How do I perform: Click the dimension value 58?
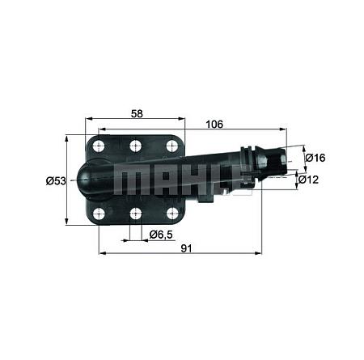pos(137,114)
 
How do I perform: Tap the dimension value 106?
pos(214,125)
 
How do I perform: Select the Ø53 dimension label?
pos(56,180)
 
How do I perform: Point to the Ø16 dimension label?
pos(315,158)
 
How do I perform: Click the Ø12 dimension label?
pos(308,180)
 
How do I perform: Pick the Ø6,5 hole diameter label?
pos(161,235)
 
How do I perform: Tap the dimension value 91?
pos(186,248)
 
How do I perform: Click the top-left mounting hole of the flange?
pos(99,146)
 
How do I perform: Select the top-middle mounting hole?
pos(135,146)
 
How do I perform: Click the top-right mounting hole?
pos(171,146)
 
